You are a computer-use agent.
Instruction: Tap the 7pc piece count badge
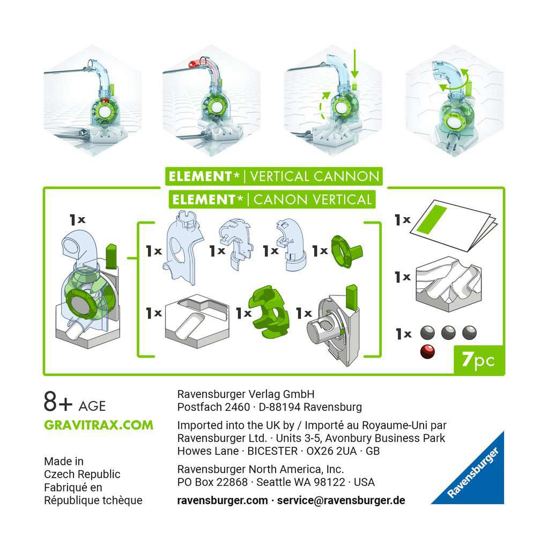pyautogui.click(x=478, y=360)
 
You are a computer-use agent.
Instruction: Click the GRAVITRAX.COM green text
pyautogui.click(x=98, y=425)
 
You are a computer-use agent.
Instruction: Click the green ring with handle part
pyautogui.click(x=346, y=251)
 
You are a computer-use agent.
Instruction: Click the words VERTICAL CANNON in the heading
pyautogui.click(x=315, y=176)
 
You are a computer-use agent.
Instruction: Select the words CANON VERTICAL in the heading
pyautogui.click(x=313, y=200)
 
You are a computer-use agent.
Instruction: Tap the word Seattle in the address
pyautogui.click(x=273, y=482)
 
